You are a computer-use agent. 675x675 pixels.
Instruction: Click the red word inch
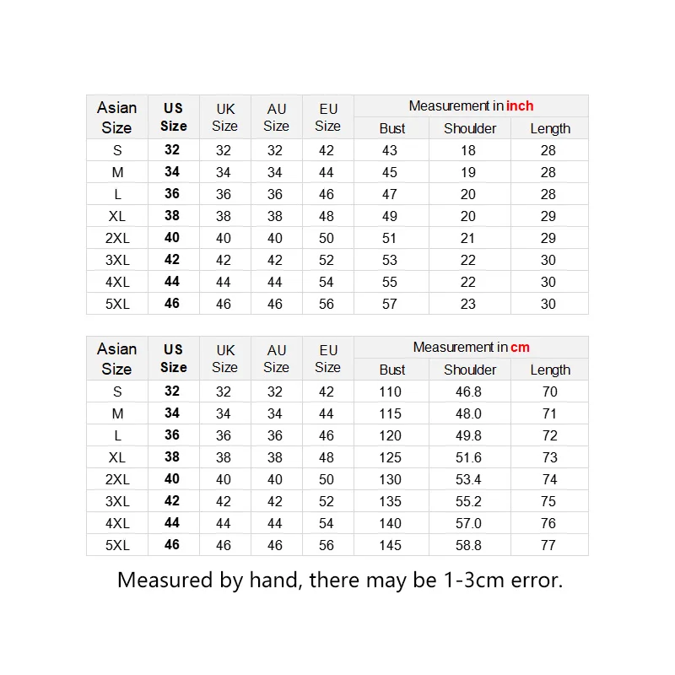click(x=520, y=106)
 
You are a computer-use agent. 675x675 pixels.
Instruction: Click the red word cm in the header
click(x=520, y=348)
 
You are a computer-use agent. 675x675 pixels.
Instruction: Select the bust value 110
click(x=390, y=391)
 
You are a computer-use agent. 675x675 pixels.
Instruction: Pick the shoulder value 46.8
click(x=468, y=391)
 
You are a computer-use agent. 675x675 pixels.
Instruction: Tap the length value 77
click(x=548, y=545)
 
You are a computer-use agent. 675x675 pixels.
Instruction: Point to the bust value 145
click(x=390, y=545)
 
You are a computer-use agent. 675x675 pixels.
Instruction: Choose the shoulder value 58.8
click(x=468, y=545)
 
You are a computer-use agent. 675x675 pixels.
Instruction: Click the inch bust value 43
click(x=390, y=150)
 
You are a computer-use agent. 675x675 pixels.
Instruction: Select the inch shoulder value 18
click(x=468, y=150)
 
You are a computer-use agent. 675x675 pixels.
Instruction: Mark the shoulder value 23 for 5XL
click(x=468, y=304)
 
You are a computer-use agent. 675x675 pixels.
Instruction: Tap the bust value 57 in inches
click(x=390, y=304)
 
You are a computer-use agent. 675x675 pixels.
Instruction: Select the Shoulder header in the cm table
click(x=470, y=370)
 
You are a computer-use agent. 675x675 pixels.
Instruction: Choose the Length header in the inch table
click(x=550, y=128)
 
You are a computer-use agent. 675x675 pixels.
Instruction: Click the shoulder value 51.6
click(x=468, y=457)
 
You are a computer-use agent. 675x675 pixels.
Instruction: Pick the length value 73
click(x=548, y=457)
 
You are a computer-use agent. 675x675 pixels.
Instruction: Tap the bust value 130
click(x=390, y=479)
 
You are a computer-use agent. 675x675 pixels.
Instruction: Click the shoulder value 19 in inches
click(x=468, y=172)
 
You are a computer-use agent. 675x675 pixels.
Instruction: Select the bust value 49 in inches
click(x=390, y=216)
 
